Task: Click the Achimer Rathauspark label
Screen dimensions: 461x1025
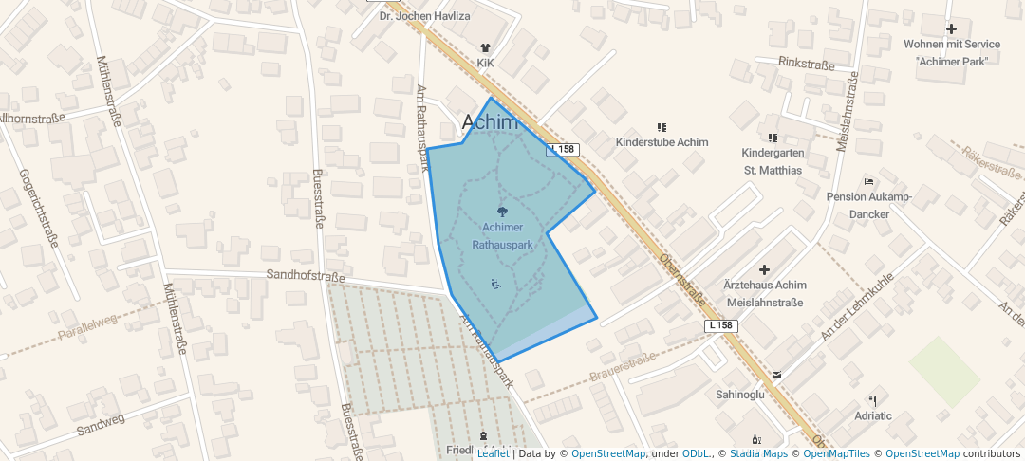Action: pos(502,235)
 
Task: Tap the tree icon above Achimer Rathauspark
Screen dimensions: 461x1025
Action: pos(502,212)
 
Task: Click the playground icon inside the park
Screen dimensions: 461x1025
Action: pos(494,284)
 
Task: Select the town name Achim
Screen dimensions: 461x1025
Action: pos(490,122)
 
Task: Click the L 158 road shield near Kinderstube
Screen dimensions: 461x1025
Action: pos(563,150)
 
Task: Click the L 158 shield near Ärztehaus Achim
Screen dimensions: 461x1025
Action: pos(721,325)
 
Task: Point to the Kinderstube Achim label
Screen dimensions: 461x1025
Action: pos(662,142)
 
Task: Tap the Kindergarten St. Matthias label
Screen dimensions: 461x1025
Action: pos(772,161)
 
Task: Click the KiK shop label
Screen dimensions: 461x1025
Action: pos(486,63)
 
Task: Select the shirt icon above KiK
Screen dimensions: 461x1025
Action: pos(486,46)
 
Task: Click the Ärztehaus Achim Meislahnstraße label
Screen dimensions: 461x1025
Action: pos(764,294)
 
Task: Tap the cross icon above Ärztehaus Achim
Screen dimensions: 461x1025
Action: pos(765,270)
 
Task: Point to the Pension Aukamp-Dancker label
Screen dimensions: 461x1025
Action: pos(869,206)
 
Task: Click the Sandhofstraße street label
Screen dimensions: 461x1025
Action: pos(305,277)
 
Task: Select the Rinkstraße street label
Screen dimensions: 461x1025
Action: pos(806,65)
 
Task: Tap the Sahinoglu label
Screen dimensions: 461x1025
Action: pos(740,394)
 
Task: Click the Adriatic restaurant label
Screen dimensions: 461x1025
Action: pos(873,415)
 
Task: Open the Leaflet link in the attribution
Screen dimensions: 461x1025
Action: pos(493,453)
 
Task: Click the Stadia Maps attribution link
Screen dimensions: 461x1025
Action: pos(758,453)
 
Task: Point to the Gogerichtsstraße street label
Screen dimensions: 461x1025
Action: pos(38,209)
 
